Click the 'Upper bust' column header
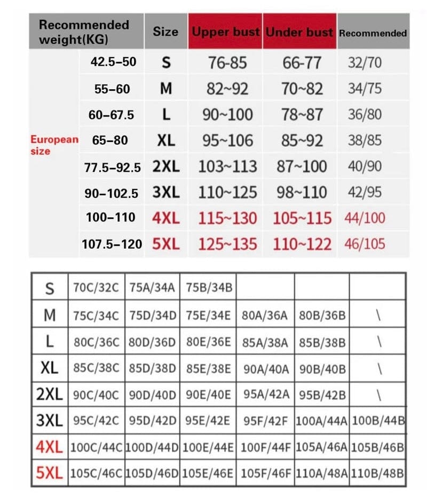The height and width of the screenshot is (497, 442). click(x=225, y=32)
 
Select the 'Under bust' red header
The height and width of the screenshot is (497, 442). click(x=299, y=32)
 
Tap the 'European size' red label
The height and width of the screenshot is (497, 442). click(x=53, y=145)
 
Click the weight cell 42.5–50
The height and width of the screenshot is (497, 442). click(x=113, y=62)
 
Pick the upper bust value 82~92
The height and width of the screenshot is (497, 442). click(x=227, y=89)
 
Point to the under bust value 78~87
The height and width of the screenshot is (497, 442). click(x=302, y=114)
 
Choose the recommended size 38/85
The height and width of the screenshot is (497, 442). click(x=365, y=140)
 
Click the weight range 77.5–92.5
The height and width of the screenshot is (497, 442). click(x=113, y=167)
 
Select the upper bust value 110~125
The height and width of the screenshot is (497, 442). click(x=227, y=192)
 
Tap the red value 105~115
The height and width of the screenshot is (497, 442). click(x=302, y=218)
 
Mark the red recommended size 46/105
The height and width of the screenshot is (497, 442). click(x=365, y=244)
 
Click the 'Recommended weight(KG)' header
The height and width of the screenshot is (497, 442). click(x=84, y=31)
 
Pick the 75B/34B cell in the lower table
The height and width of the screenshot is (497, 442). click(x=209, y=288)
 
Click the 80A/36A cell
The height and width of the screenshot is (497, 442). click(x=266, y=315)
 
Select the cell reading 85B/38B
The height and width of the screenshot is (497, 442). click(x=322, y=342)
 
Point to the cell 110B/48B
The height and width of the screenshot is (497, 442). click(x=378, y=472)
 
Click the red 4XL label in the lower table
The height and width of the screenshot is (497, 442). click(x=49, y=447)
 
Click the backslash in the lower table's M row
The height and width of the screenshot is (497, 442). click(x=378, y=315)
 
